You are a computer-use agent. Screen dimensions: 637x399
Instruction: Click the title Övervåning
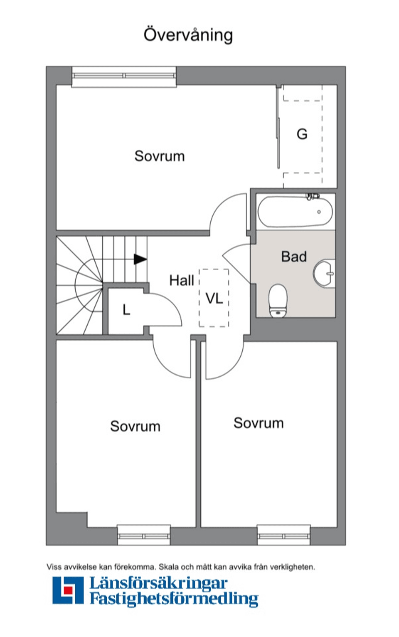click(188, 35)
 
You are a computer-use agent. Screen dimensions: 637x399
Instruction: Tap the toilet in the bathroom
click(278, 300)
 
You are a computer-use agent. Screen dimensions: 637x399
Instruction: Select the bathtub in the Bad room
click(295, 212)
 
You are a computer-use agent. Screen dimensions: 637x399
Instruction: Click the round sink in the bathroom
click(324, 273)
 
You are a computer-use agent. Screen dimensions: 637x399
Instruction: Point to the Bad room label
click(294, 257)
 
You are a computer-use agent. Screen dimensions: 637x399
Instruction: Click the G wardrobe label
click(302, 134)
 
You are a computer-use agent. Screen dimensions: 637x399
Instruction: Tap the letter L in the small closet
click(126, 310)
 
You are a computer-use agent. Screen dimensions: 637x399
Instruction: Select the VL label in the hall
click(214, 298)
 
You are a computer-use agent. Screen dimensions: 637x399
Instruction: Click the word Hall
click(182, 280)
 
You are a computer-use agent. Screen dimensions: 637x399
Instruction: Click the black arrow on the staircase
click(140, 259)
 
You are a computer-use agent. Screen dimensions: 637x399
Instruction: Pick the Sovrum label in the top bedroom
click(159, 156)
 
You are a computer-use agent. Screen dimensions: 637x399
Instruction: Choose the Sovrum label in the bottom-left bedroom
click(135, 426)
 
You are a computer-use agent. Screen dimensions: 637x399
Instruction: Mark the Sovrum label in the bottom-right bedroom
click(259, 423)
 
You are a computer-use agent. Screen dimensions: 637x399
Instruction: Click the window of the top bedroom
click(124, 76)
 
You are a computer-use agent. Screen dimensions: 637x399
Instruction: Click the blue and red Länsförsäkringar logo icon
click(68, 590)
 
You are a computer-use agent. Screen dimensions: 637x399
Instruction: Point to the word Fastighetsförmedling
click(174, 599)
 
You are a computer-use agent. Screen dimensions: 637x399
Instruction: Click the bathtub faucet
click(312, 196)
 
